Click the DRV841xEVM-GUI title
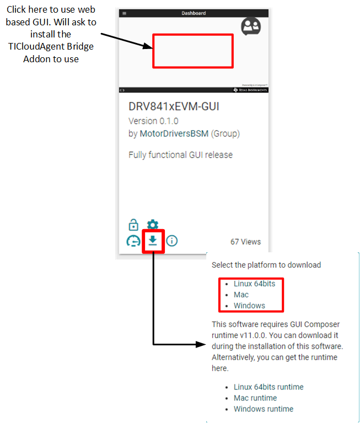(174, 106)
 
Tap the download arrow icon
(153, 240)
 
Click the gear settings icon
(153, 225)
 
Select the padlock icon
(133, 225)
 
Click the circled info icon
(172, 241)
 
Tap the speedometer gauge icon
(133, 241)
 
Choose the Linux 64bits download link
(254, 284)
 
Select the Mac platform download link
(241, 295)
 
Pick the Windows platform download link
(249, 306)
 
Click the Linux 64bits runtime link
(268, 387)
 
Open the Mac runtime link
(255, 398)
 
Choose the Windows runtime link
(264, 409)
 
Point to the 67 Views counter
(245, 242)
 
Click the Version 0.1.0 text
(153, 121)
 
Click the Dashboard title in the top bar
(194, 13)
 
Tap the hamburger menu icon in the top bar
(124, 13)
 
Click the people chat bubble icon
(251, 26)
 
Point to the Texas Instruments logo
(250, 89)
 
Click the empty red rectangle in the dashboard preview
(193, 51)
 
